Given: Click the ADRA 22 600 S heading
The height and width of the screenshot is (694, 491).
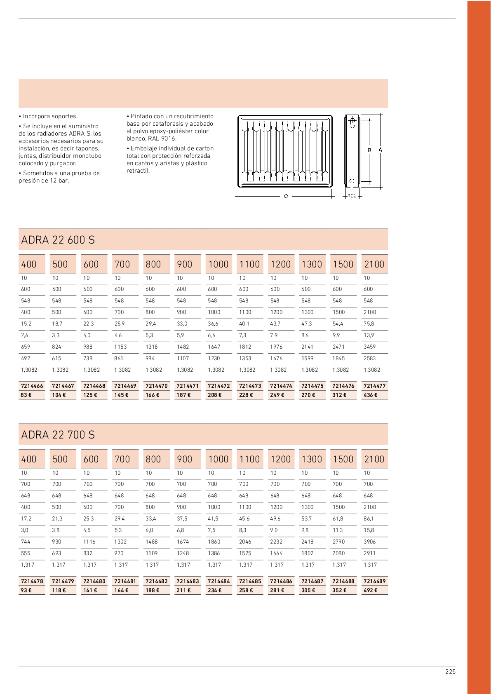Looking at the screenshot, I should pos(58,240).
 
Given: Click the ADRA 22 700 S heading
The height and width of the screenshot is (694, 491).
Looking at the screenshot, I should pos(58,435).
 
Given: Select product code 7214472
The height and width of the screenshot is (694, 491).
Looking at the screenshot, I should pos(218,386).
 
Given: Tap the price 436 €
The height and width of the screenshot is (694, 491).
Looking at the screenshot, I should pos(370,395).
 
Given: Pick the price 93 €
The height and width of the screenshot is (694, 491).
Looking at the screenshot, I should pos(26,591).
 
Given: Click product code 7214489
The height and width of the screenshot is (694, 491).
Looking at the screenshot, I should pos(374,581).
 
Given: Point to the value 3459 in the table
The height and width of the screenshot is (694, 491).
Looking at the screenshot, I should pos(370,347).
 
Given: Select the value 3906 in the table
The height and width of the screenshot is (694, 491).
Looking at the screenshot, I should pos(370,542).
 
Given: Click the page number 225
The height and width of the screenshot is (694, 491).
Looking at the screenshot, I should pos(450,672).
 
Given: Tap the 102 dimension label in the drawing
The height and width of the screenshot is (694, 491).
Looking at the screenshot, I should pos(352,196).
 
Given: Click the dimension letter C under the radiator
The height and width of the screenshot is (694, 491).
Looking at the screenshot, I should pos(286,197).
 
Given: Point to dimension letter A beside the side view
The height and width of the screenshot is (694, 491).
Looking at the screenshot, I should pos(380,150).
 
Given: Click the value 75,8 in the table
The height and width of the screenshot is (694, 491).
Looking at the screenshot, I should pos(369,324).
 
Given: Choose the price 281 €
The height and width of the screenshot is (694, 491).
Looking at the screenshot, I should pos(277,591).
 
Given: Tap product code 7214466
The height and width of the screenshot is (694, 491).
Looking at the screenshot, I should pos(32,386).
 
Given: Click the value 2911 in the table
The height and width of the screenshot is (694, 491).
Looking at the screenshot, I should pos(369,553).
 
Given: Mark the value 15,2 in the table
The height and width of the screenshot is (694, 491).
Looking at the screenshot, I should pos(26,324).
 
